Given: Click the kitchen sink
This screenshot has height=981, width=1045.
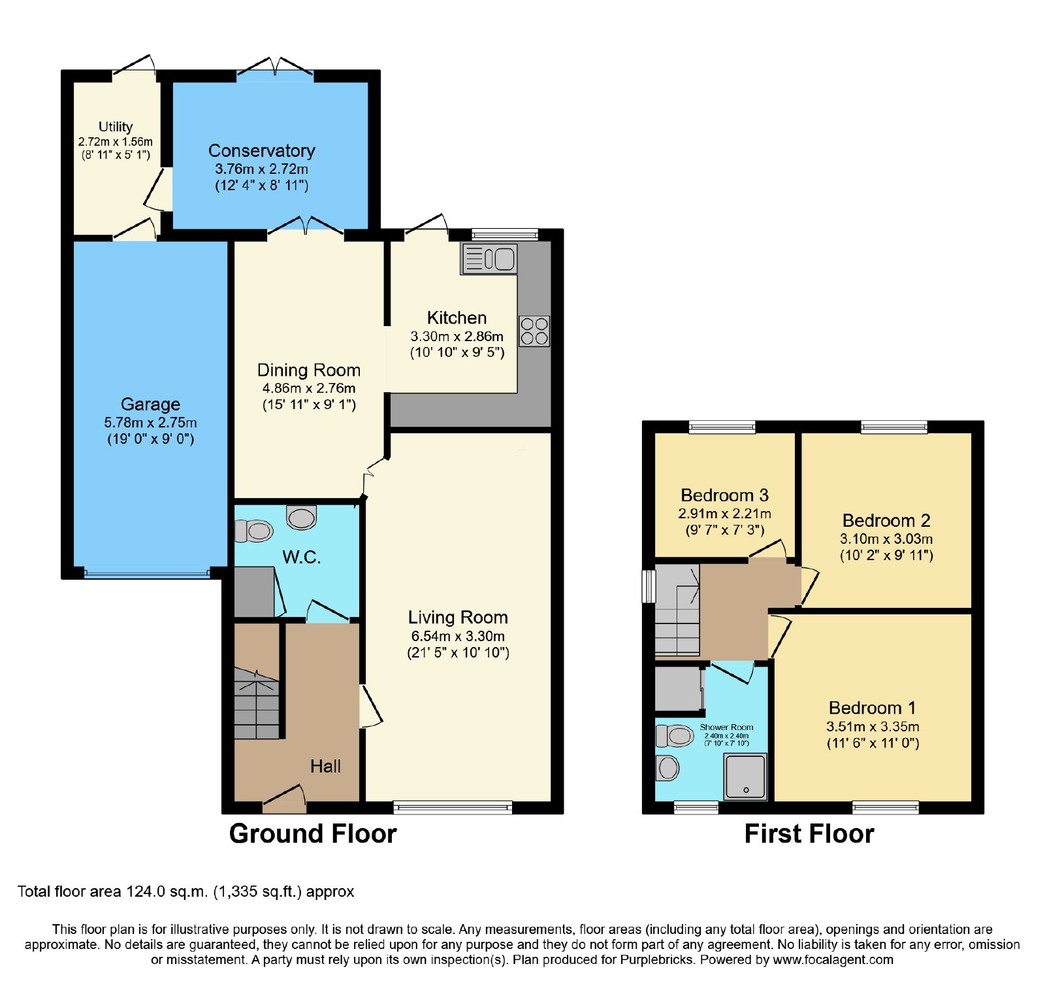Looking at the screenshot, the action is [x=489, y=259].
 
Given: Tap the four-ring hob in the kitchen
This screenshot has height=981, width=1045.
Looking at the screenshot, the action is [x=534, y=331].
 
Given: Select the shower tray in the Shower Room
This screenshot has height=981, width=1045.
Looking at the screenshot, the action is [x=745, y=776].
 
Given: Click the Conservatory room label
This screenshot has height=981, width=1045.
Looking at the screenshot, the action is [x=262, y=150].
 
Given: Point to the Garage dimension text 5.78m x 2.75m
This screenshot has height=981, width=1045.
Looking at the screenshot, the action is [x=150, y=422].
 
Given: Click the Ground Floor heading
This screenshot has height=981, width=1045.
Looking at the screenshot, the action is [x=313, y=834].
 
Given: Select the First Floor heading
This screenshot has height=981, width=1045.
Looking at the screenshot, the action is [x=809, y=834].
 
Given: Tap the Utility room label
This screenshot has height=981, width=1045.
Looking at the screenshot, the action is [x=116, y=126].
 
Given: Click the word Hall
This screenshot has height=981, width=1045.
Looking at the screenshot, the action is [x=325, y=766].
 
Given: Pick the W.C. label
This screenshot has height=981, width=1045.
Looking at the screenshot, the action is [x=301, y=557].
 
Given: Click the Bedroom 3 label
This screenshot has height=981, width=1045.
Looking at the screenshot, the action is [x=724, y=495].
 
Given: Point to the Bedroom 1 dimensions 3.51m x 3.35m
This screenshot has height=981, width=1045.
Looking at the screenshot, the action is [x=873, y=726].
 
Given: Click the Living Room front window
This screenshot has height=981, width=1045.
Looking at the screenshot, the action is [x=453, y=807].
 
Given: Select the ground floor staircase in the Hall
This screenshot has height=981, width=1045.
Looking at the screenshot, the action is [x=257, y=703].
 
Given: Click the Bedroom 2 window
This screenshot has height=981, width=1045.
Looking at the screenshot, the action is [x=894, y=427].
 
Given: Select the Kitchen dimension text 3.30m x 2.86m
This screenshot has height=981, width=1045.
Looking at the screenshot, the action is [x=457, y=337].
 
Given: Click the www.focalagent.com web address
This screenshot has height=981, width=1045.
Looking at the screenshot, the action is [x=833, y=959].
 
